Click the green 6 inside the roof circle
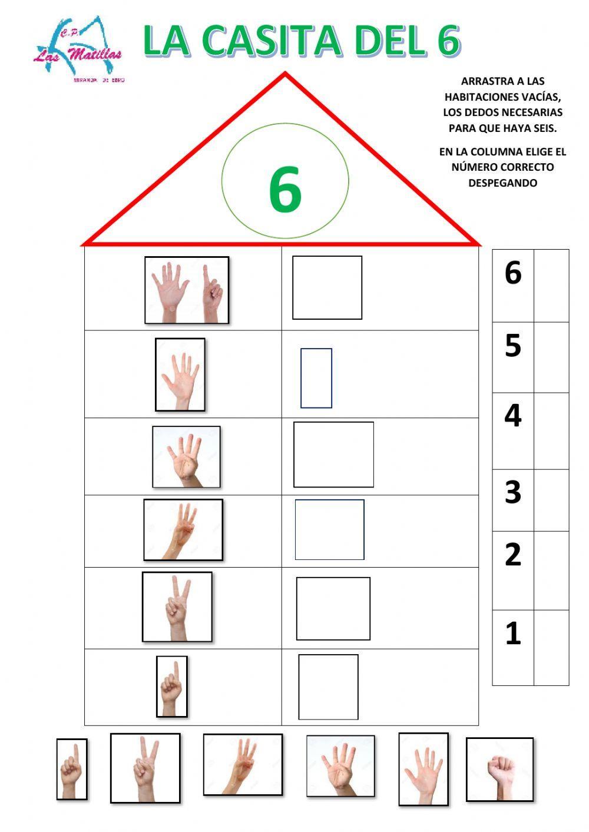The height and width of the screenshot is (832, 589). pyautogui.click(x=285, y=190)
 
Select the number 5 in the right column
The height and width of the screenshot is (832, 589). pyautogui.click(x=513, y=346)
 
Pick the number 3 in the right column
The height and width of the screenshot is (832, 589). pyautogui.click(x=513, y=492)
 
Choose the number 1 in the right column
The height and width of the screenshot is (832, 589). pyautogui.click(x=513, y=634)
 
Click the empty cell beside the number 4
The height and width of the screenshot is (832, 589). pyautogui.click(x=551, y=430)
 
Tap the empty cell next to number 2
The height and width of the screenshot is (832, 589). pyautogui.click(x=551, y=570)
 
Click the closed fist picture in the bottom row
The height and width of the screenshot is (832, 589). pyautogui.click(x=499, y=770)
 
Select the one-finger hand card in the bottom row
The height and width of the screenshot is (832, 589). pyautogui.click(x=72, y=769)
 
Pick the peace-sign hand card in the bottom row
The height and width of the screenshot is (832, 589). pyautogui.click(x=145, y=768)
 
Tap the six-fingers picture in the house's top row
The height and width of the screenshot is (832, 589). pyautogui.click(x=187, y=290)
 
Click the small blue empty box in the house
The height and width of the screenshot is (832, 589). pyautogui.click(x=316, y=378)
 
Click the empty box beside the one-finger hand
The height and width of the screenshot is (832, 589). pyautogui.click(x=328, y=687)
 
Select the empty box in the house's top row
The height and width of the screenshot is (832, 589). pyautogui.click(x=327, y=287)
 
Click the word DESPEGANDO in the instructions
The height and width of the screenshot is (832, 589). pyautogui.click(x=502, y=183)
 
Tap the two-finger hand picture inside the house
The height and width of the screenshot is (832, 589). pyautogui.click(x=177, y=606)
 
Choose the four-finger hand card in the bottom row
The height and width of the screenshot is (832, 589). pyautogui.click(x=340, y=765)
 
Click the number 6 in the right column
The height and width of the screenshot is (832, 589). pyautogui.click(x=513, y=273)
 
